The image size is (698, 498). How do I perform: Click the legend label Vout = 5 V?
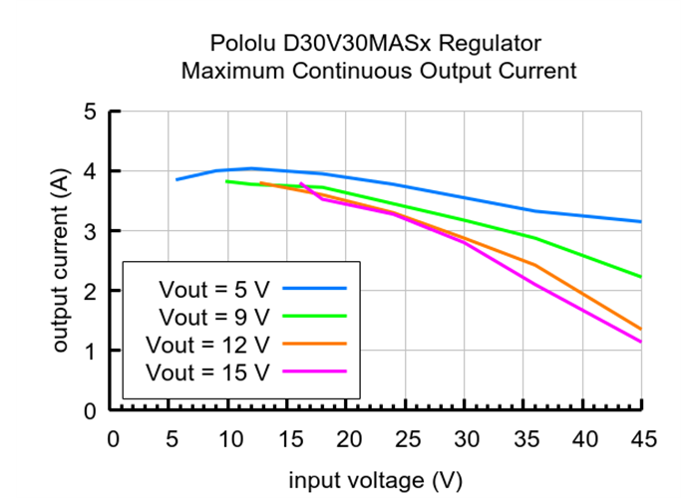[213, 289]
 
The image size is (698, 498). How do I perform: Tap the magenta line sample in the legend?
[314, 372]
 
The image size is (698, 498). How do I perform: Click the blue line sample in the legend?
[314, 288]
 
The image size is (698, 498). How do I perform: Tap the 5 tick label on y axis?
[89, 112]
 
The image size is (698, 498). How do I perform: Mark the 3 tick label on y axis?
[89, 231]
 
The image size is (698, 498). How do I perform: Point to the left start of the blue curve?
[176, 179]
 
